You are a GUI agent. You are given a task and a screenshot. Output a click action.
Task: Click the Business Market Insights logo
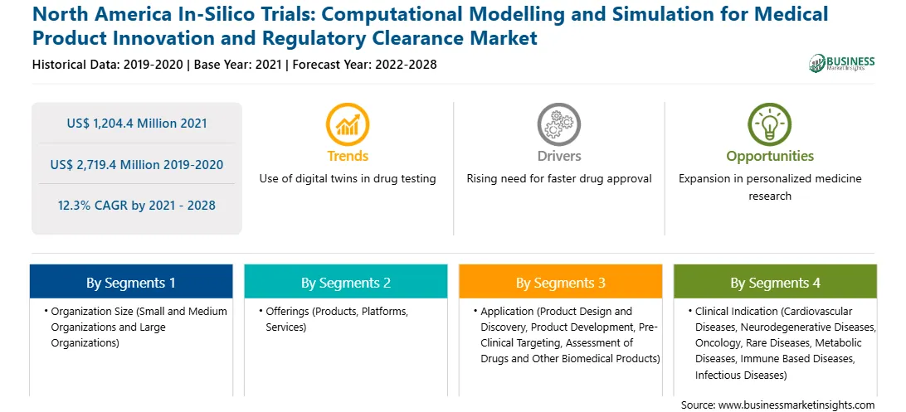[841, 63]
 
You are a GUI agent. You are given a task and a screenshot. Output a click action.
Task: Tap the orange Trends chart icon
[348, 124]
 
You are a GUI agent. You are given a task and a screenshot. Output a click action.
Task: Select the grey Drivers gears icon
[558, 124]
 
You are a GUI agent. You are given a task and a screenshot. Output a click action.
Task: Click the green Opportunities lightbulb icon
[770, 124]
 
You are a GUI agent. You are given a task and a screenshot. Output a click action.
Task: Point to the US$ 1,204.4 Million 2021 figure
[136, 123]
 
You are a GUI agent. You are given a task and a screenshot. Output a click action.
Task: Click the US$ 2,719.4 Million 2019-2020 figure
[136, 164]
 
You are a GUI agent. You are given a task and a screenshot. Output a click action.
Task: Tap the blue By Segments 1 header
[131, 282]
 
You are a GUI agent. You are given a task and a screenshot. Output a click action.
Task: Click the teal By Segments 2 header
[345, 282]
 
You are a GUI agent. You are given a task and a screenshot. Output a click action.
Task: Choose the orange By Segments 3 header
[561, 282]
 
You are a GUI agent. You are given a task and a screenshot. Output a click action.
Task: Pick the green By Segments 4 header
[775, 282]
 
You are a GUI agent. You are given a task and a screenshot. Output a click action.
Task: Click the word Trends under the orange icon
[348, 156]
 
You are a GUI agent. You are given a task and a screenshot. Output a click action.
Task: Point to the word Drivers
[559, 156]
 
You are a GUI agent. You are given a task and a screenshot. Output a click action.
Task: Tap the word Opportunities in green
[770, 157]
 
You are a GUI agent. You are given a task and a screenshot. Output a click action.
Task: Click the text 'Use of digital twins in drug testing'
[348, 179]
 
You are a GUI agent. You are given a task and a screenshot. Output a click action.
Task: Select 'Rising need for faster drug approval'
[559, 179]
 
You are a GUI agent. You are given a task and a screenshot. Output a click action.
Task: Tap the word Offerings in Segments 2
[287, 312]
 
